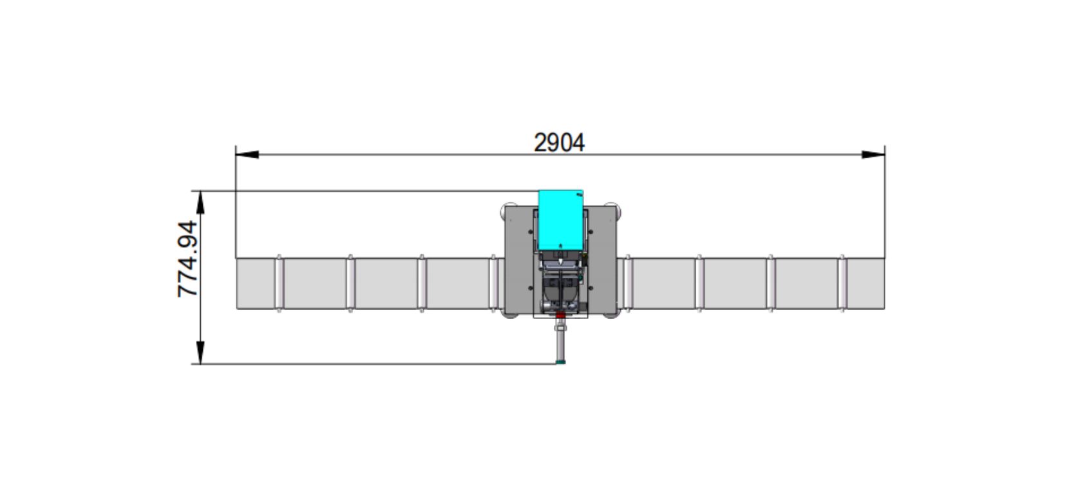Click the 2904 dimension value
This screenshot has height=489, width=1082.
click(559, 142)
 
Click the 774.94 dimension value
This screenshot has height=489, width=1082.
click(187, 259)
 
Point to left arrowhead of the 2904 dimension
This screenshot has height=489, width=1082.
click(247, 154)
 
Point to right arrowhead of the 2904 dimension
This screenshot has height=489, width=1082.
click(873, 154)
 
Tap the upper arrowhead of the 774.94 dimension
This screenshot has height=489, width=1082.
click(200, 202)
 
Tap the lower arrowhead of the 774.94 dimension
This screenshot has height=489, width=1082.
click(200, 352)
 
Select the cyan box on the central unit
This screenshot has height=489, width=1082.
click(560, 219)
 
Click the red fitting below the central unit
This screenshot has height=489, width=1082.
click(560, 315)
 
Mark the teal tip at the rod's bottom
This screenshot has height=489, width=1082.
click(560, 362)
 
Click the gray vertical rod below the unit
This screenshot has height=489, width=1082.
click(560, 341)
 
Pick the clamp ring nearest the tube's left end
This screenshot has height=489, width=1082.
click(279, 284)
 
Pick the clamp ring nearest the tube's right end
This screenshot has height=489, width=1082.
click(842, 284)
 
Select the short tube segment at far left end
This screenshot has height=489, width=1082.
click(256, 284)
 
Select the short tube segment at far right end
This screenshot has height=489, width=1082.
click(864, 284)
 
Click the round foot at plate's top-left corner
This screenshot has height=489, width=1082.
click(508, 210)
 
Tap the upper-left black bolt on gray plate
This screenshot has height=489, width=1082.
click(531, 232)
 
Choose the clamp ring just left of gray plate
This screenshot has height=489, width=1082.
click(494, 284)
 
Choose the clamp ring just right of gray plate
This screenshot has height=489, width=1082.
click(627, 284)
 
